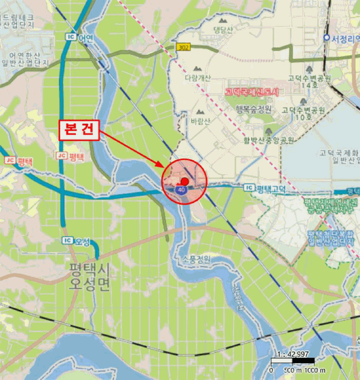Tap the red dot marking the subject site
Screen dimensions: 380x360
coord(185,181)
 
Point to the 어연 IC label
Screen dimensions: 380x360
coord(80,37)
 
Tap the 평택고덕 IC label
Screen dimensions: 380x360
coord(265,188)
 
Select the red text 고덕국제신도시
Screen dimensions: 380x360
coord(251,92)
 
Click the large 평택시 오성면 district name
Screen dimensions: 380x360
coord(90,276)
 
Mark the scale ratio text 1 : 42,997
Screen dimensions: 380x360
coord(292,354)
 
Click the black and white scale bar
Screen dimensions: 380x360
coord(292,361)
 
